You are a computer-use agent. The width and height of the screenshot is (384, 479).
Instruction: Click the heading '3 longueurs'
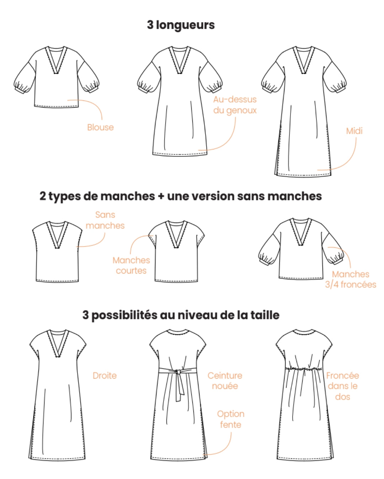click(x=181, y=25)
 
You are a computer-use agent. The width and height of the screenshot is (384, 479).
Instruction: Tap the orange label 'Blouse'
click(x=100, y=127)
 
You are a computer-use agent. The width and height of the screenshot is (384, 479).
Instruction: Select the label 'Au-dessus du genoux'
click(x=235, y=105)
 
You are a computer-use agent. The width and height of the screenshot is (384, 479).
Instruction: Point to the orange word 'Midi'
click(x=354, y=131)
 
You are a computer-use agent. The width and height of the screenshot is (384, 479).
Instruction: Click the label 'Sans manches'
click(x=105, y=220)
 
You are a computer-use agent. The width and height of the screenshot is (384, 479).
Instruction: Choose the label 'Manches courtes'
click(x=131, y=265)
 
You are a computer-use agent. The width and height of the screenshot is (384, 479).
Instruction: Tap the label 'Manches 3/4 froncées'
click(x=351, y=279)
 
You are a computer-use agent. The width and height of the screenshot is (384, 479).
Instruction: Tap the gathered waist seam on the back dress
click(x=303, y=369)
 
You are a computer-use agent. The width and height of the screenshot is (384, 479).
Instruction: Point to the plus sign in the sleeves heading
click(x=161, y=197)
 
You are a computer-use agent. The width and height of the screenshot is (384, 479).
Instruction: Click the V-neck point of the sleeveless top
click(x=57, y=248)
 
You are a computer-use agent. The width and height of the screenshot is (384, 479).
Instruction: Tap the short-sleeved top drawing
click(x=176, y=252)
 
